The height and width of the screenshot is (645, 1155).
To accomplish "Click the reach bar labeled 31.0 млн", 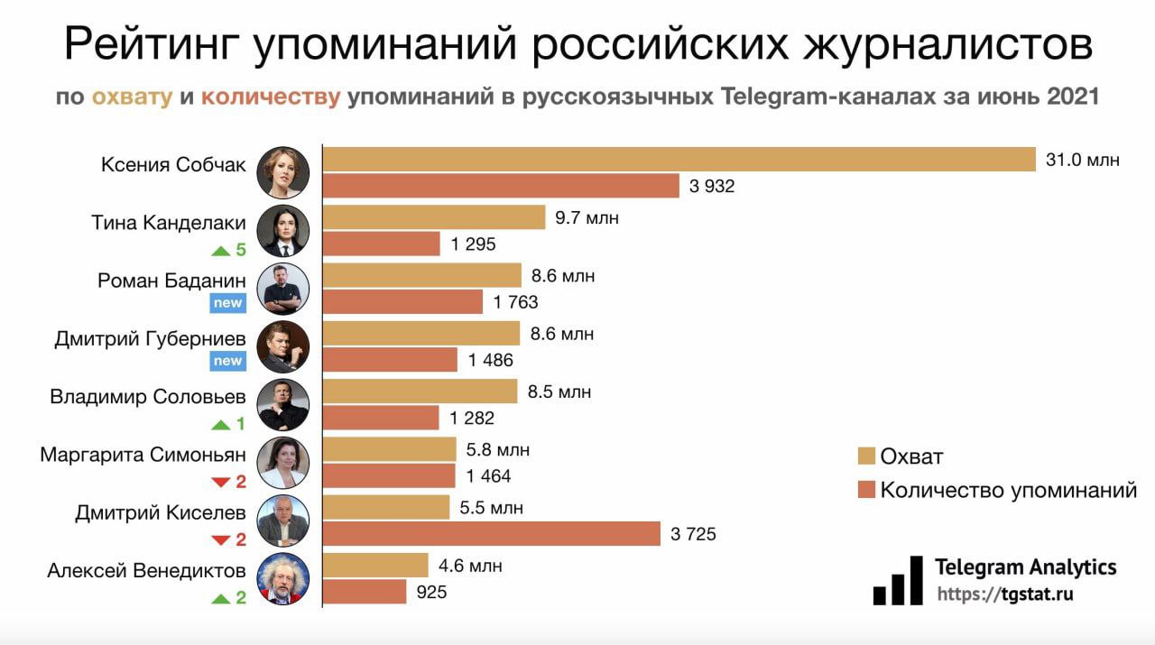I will pos(679,160).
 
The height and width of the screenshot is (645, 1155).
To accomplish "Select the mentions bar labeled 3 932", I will pos(501,186).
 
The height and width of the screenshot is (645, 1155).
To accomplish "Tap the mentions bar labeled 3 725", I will pos(492,534).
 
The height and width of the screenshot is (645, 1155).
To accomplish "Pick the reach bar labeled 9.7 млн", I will pos(434,217).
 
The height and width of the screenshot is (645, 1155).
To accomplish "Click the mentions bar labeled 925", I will pos(365,592).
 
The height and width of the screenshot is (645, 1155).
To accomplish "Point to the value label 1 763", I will pos(516,302).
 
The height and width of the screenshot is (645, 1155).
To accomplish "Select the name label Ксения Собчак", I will pos(173,165).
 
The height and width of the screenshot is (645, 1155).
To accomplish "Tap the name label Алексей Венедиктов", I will pos(146,570).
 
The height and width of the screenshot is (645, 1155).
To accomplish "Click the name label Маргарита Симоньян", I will pos(143,455).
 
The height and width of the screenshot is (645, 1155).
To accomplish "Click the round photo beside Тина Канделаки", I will pos(283,231).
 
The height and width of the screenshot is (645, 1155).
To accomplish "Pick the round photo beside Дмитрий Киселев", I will pos(283,521).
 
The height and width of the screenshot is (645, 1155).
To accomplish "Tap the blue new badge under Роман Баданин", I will pos(227,303).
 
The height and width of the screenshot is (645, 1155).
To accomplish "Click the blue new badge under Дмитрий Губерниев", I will pos(227,361).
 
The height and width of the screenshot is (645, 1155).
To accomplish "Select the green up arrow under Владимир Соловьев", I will pos(221,424).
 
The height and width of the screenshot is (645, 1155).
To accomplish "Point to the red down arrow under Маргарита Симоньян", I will pos(221,482).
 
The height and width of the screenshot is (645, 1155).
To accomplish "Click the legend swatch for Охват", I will pos(867,456).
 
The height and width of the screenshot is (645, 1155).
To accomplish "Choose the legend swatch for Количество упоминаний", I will pos(867,491).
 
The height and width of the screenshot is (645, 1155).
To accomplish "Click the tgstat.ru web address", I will pos(1005,594).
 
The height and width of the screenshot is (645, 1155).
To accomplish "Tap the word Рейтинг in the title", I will pos(153,45).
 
